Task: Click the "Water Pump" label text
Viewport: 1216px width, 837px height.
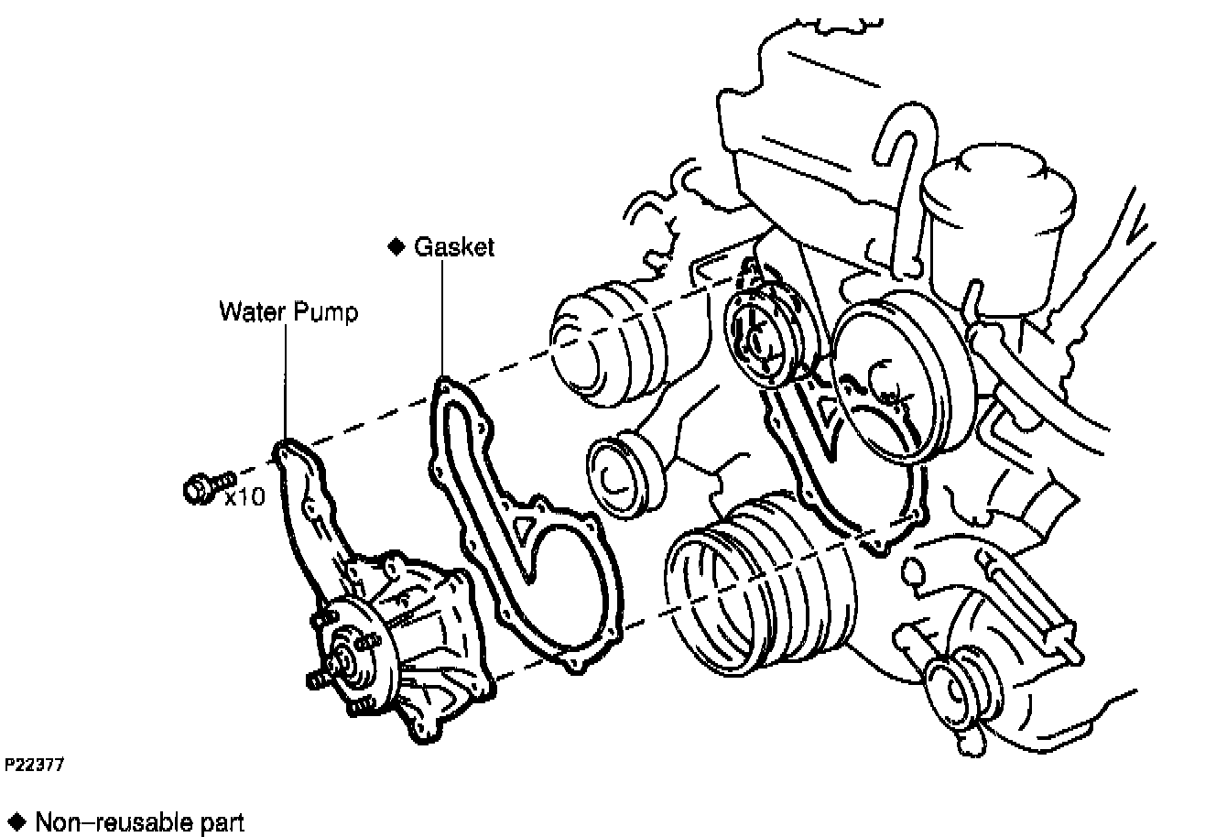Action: tap(288, 312)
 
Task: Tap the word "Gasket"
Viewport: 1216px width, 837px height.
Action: tap(453, 247)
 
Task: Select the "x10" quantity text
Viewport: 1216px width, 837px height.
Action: tap(245, 496)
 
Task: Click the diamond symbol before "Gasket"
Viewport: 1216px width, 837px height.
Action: tap(396, 247)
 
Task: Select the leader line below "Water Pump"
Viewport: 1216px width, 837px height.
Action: tap(287, 385)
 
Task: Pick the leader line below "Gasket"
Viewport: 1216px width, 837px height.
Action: tap(443, 321)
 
